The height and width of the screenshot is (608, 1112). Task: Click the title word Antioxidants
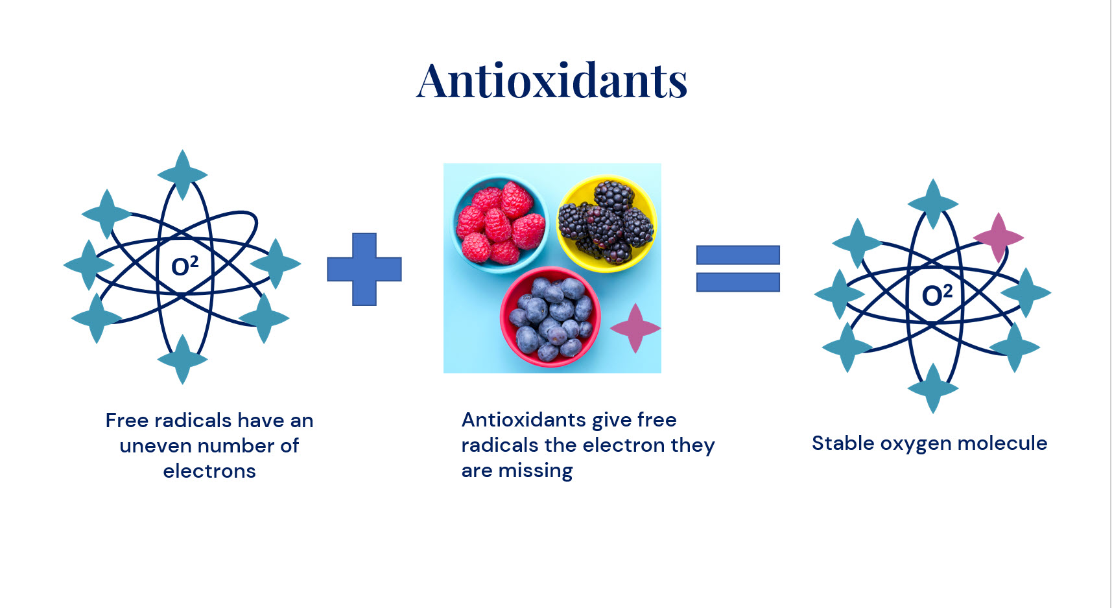tap(552, 81)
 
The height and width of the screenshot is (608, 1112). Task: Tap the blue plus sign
tap(364, 269)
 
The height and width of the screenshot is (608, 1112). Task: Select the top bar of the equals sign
tap(738, 255)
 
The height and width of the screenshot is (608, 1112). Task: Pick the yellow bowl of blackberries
tap(607, 224)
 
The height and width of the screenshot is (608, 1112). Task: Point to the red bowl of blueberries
tap(550, 317)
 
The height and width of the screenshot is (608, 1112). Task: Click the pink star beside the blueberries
tap(635, 328)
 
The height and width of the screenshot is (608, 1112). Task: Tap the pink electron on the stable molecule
tap(999, 238)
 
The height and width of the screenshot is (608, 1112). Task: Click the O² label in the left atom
tap(185, 266)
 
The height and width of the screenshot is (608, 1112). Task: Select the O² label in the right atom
tap(937, 295)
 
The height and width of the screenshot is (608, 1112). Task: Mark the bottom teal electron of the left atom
tap(183, 359)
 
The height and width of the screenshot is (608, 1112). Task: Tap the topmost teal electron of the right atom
tap(933, 204)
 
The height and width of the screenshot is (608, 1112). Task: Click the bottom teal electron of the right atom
tap(933, 388)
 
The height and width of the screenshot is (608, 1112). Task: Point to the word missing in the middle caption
tap(536, 471)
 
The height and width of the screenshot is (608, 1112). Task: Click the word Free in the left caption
tap(127, 421)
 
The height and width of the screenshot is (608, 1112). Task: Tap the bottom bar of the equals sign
tap(738, 282)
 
